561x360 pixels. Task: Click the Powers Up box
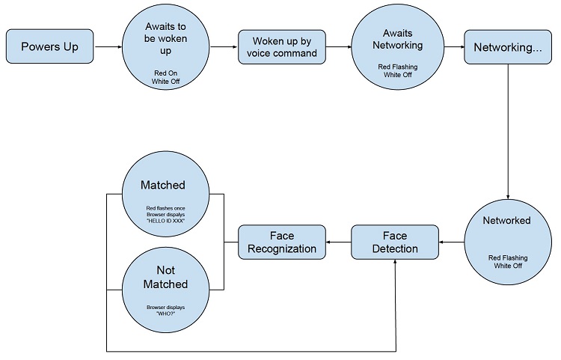[x=49, y=46]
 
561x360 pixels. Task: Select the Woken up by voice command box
[x=282, y=47]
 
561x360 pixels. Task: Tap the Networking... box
[x=508, y=47]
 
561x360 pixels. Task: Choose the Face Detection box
[x=395, y=242]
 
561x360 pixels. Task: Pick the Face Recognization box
[x=282, y=242]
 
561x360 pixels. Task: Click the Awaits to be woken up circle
[x=165, y=46]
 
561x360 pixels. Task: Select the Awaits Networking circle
[x=397, y=47]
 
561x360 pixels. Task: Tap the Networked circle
[x=508, y=242]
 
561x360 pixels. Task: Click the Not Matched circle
[x=165, y=290]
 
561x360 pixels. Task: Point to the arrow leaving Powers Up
[x=108, y=46]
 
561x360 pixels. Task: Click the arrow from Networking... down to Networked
[x=508, y=132]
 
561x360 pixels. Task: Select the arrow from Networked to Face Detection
[x=452, y=242]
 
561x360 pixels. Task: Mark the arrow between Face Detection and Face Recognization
[x=338, y=242]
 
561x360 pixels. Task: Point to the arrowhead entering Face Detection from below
[x=396, y=262]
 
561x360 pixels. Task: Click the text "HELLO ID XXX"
[x=165, y=221]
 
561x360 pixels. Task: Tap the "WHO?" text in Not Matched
[x=165, y=314]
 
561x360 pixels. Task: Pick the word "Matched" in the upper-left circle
[x=163, y=185]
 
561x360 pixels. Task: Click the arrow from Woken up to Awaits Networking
[x=338, y=47]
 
